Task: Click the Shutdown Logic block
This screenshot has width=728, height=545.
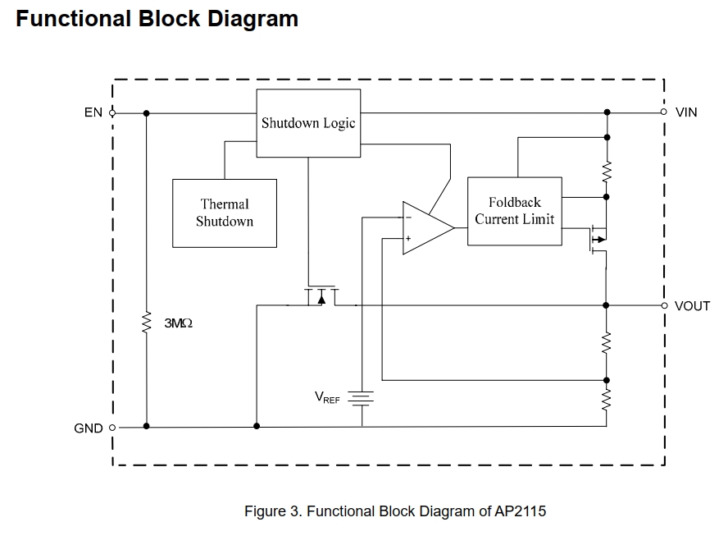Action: click(x=308, y=122)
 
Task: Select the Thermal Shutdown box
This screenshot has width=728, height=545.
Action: click(x=225, y=213)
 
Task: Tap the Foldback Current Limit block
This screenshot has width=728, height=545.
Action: click(x=514, y=211)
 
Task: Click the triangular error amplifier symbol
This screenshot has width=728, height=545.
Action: click(x=425, y=227)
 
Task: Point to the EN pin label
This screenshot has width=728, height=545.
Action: click(x=93, y=112)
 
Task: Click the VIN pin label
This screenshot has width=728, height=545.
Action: click(x=686, y=112)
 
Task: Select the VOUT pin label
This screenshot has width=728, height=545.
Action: click(x=692, y=305)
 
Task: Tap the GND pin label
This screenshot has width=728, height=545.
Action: click(x=89, y=428)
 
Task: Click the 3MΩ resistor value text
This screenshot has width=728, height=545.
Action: click(x=179, y=324)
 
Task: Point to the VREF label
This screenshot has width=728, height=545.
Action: click(x=327, y=397)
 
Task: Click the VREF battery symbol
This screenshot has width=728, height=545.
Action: click(x=362, y=398)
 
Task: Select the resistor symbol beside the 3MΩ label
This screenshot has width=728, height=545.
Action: click(x=147, y=323)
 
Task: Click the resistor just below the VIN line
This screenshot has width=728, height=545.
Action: click(x=607, y=172)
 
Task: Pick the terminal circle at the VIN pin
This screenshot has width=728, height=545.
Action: click(x=664, y=112)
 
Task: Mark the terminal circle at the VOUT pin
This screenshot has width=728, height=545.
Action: click(x=664, y=305)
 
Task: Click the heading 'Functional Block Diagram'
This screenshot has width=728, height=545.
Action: click(x=157, y=19)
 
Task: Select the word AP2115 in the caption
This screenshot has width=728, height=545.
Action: click(x=520, y=511)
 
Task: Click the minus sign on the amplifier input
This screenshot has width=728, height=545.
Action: click(x=407, y=218)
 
